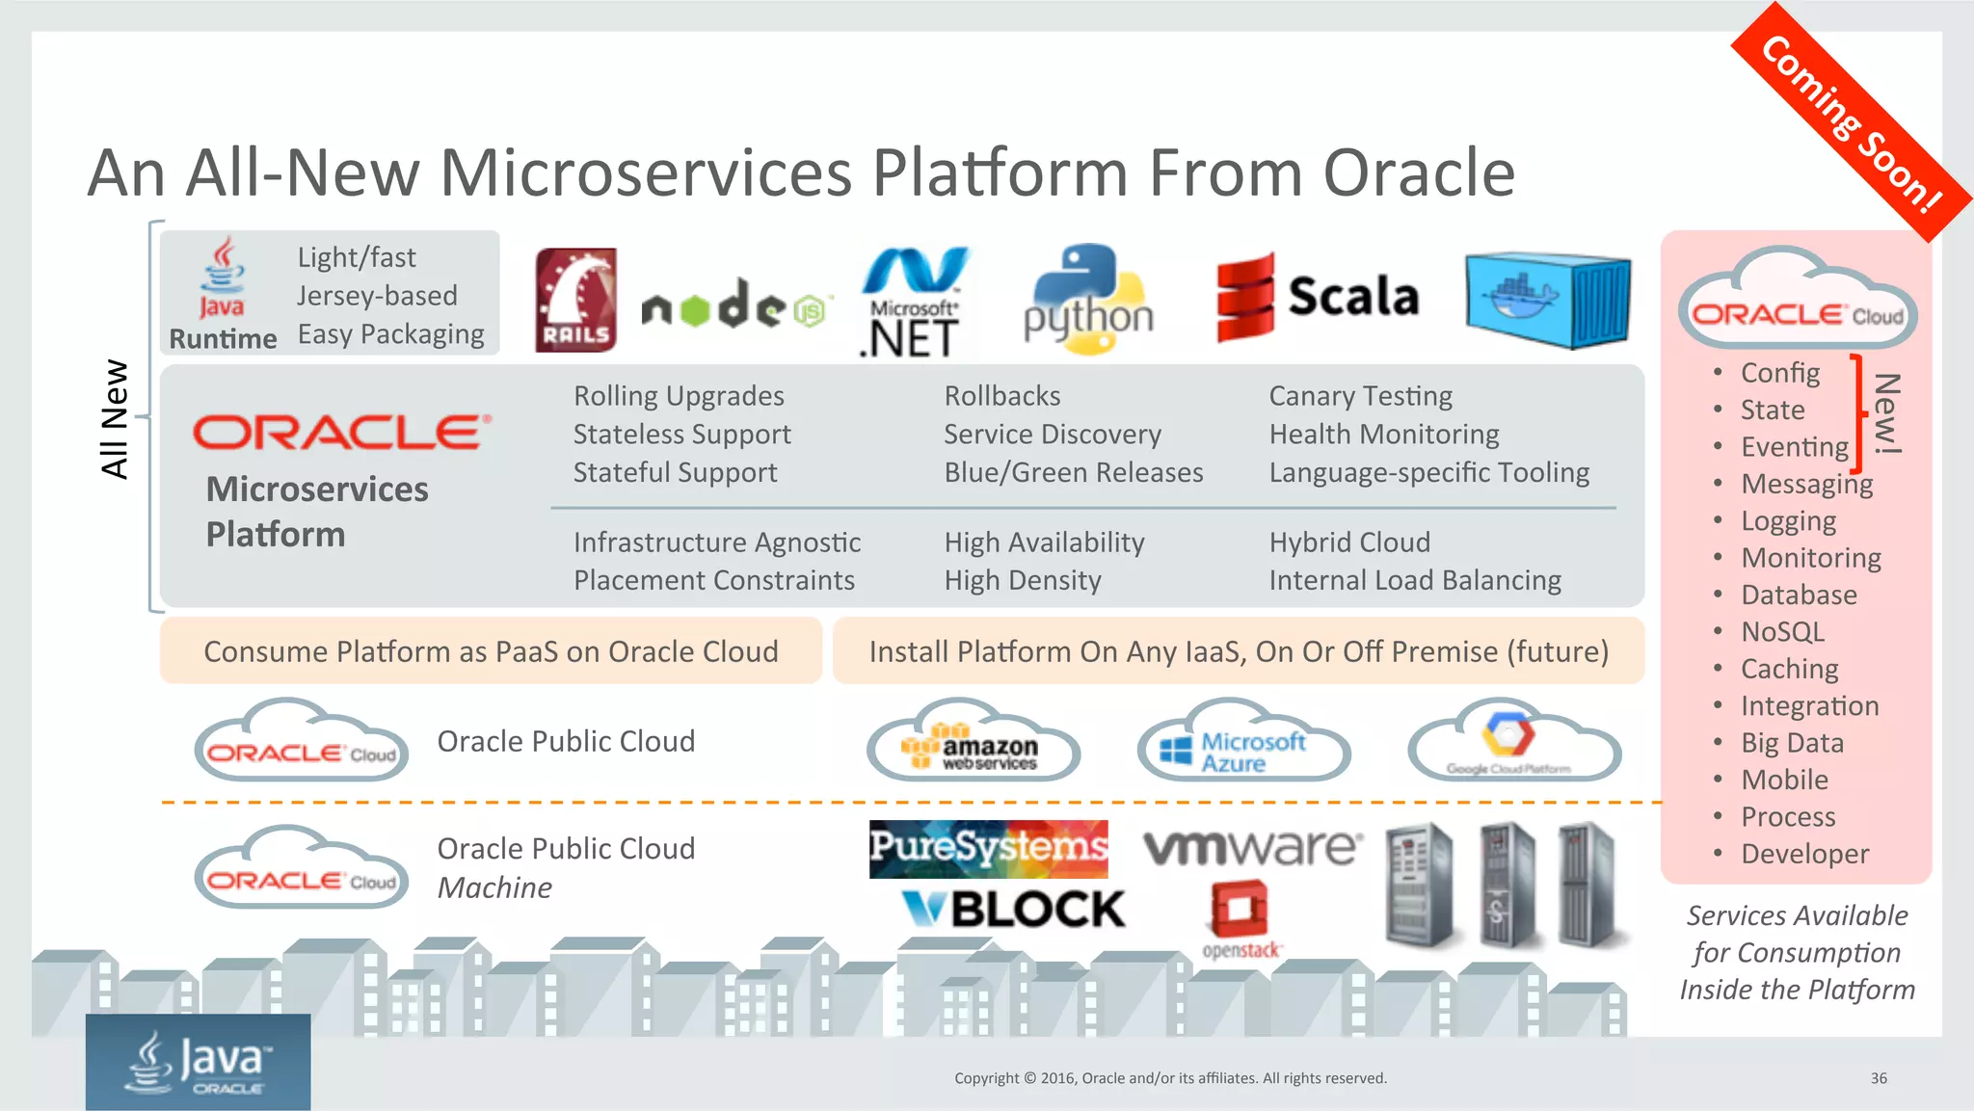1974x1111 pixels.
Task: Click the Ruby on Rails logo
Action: coord(576,300)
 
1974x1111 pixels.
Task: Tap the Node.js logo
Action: coord(733,305)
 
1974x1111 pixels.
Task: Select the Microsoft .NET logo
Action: coord(912,303)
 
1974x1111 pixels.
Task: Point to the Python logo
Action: coord(1088,300)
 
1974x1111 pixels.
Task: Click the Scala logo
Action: coord(1318,297)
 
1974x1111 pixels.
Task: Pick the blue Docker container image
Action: coord(1547,300)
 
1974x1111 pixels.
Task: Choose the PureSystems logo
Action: coord(988,848)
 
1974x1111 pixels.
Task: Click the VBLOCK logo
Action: coord(1013,909)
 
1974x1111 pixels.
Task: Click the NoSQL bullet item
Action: coord(1782,632)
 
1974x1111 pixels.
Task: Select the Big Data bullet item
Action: coord(1792,743)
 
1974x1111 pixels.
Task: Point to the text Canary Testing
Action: coord(1360,396)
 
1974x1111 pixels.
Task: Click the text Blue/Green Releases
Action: coord(1073,472)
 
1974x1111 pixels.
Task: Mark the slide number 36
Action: coord(1879,1078)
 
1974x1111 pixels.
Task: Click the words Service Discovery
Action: coord(1053,435)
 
